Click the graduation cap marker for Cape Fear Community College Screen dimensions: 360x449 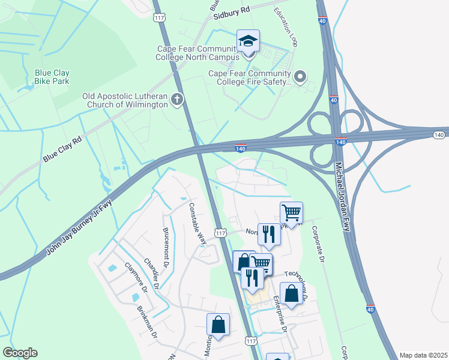(x=248, y=42)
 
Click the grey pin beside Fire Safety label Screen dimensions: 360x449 (x=301, y=76)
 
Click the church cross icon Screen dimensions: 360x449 (x=176, y=100)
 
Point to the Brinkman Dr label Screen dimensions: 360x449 (x=147, y=325)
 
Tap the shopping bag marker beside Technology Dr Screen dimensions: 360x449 (x=291, y=294)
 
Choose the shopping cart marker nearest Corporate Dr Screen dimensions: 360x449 (x=291, y=212)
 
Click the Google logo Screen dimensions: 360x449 (x=20, y=353)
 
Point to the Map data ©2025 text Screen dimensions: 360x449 (x=423, y=355)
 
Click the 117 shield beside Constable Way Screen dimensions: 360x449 (x=220, y=233)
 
